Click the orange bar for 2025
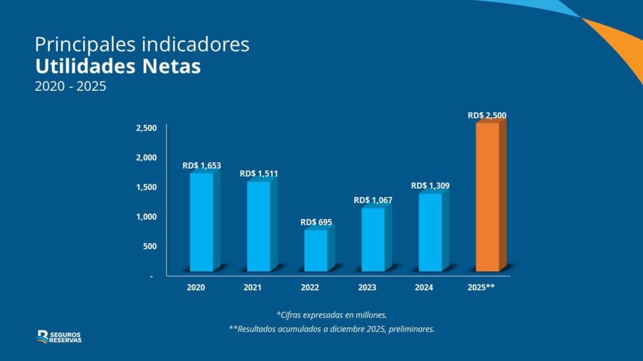tap(488, 197)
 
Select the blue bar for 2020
tap(202, 222)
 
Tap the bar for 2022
tap(316, 250)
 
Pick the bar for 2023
tap(373, 239)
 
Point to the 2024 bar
tap(430, 232)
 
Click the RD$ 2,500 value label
tap(487, 115)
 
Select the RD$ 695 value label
tap(316, 222)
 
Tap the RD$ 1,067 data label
tap(373, 200)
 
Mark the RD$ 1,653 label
tap(202, 165)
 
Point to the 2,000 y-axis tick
tap(147, 157)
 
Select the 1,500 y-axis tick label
tap(147, 187)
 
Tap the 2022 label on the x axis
tap(310, 288)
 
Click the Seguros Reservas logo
tap(59, 337)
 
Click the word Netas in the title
tap(166, 66)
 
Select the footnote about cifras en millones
tap(332, 314)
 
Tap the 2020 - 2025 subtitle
tap(70, 86)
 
